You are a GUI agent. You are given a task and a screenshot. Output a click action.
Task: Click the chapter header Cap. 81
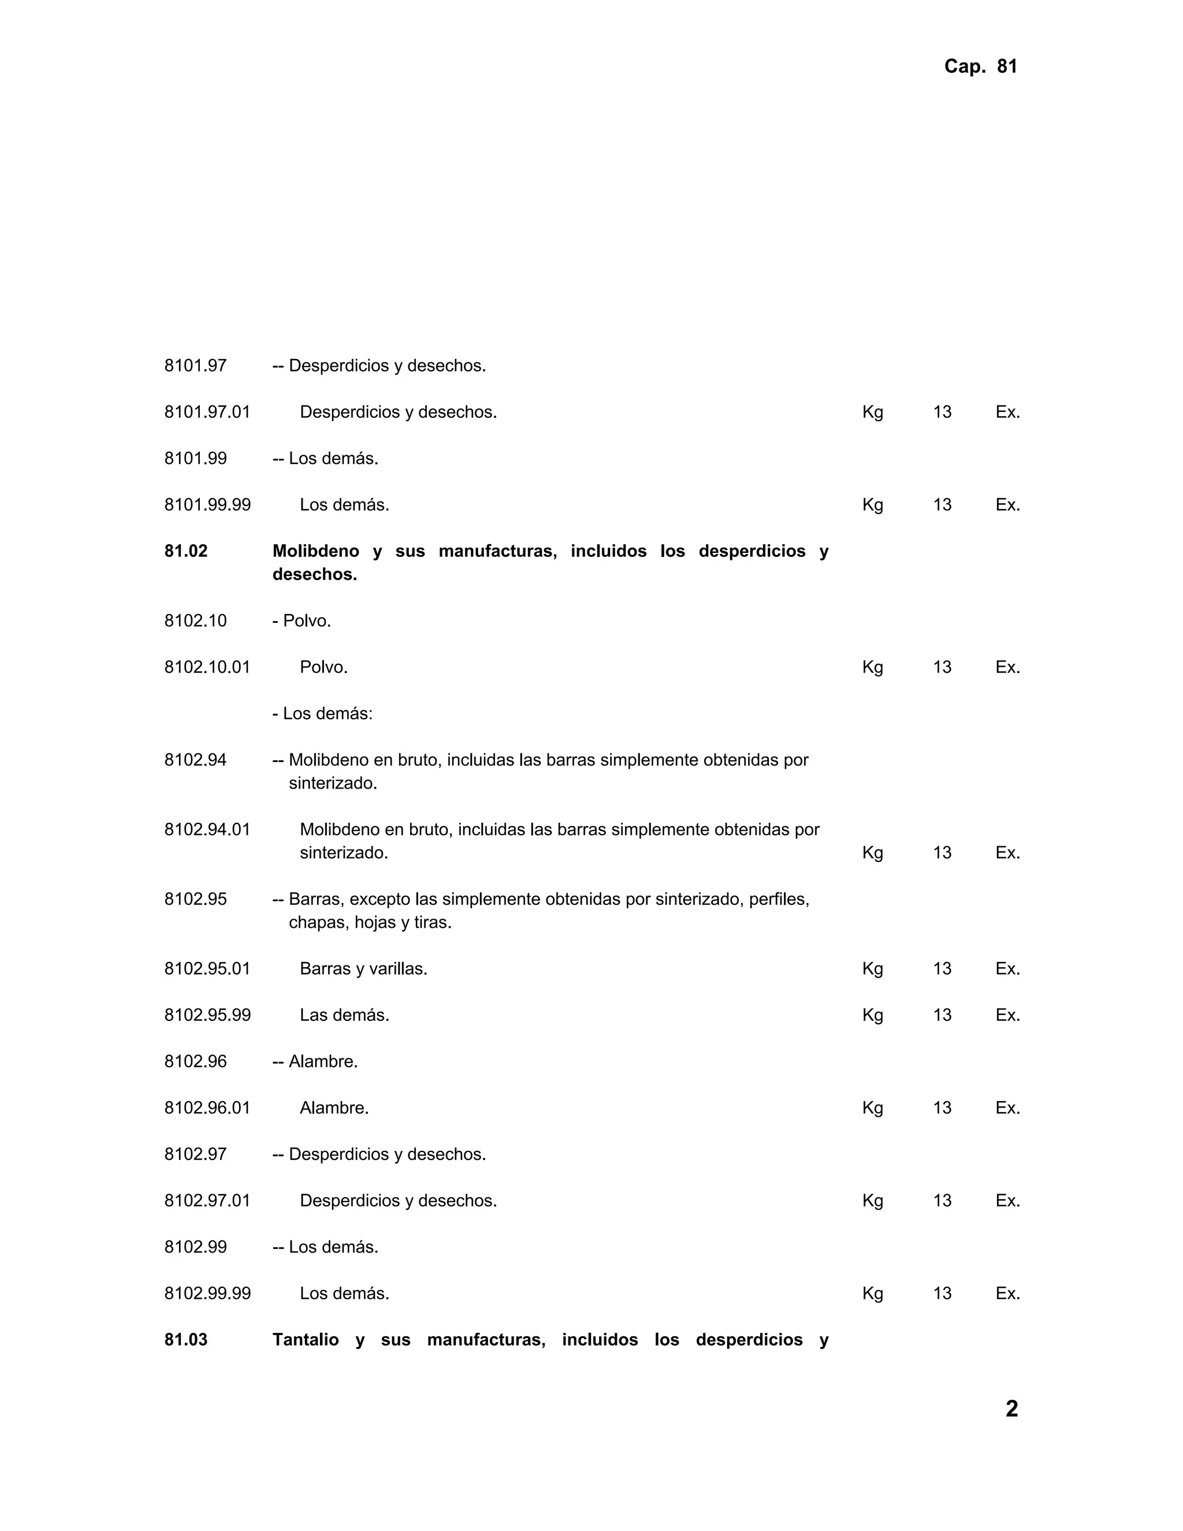click(980, 66)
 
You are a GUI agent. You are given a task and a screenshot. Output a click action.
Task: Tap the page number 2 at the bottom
click(1011, 1409)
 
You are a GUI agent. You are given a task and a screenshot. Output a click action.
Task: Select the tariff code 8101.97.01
click(207, 412)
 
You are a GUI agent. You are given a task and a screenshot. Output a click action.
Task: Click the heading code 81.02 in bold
click(186, 551)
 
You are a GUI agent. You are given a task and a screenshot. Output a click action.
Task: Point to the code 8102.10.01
click(207, 667)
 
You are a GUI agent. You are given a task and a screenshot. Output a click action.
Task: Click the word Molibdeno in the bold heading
click(315, 551)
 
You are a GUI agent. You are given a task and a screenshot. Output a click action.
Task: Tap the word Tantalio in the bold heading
click(305, 1340)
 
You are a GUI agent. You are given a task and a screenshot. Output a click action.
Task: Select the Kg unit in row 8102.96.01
click(873, 1108)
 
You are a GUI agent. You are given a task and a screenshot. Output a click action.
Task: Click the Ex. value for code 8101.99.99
click(1007, 505)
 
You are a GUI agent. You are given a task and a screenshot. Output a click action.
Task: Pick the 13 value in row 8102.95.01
click(942, 969)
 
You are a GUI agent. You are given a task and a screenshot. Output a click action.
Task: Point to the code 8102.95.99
click(207, 1015)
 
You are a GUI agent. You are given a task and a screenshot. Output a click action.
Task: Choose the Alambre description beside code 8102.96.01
click(334, 1108)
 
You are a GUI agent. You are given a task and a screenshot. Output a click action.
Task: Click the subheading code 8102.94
click(196, 760)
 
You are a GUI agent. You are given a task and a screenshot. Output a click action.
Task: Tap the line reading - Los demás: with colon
click(322, 714)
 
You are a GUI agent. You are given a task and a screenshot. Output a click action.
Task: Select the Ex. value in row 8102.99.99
click(1007, 1294)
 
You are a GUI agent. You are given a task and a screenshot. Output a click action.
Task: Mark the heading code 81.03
click(186, 1340)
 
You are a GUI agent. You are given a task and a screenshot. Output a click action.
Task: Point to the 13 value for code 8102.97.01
click(942, 1201)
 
